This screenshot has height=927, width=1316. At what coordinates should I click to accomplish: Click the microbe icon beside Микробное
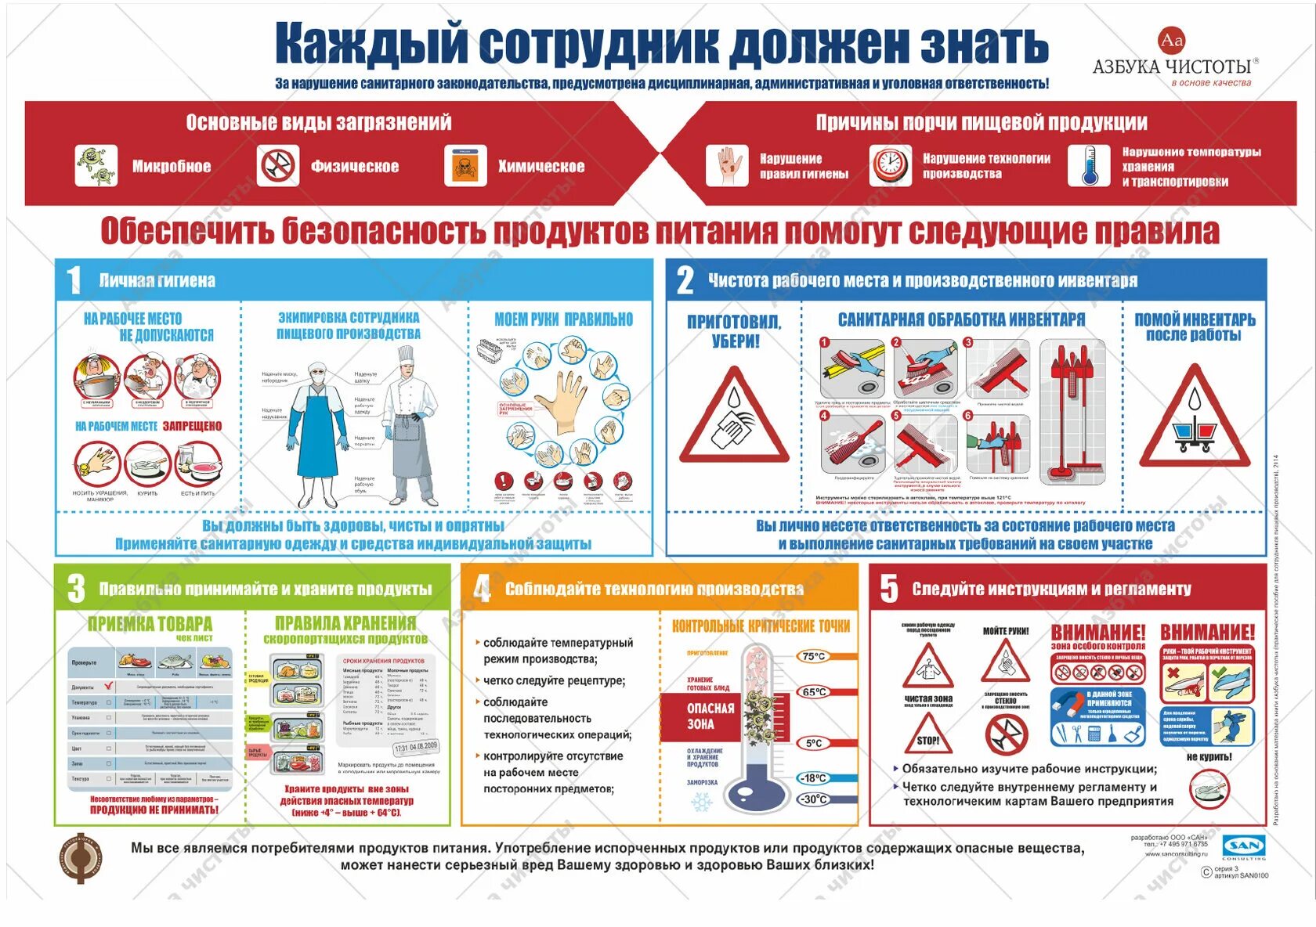[x=96, y=166]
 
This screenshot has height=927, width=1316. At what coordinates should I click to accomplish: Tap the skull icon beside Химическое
[x=465, y=166]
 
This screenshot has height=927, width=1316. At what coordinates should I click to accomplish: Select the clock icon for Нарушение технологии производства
[x=890, y=165]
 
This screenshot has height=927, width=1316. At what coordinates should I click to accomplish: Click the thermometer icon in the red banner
[x=1089, y=165]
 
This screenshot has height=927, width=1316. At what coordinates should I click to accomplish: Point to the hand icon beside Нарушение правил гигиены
[x=727, y=165]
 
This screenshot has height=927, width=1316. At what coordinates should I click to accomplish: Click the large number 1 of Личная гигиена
[x=74, y=280]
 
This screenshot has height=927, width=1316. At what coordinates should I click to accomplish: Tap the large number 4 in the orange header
[x=482, y=589]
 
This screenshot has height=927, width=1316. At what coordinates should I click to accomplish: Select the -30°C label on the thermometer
[x=814, y=799]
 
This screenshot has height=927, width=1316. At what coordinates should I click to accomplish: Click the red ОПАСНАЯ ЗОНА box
[x=710, y=716]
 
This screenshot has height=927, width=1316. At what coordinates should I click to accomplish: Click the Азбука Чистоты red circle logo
[x=1171, y=40]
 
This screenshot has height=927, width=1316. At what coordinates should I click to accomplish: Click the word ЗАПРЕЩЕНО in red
[x=193, y=426]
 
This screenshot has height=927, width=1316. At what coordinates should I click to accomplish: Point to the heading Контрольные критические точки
[x=761, y=626]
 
